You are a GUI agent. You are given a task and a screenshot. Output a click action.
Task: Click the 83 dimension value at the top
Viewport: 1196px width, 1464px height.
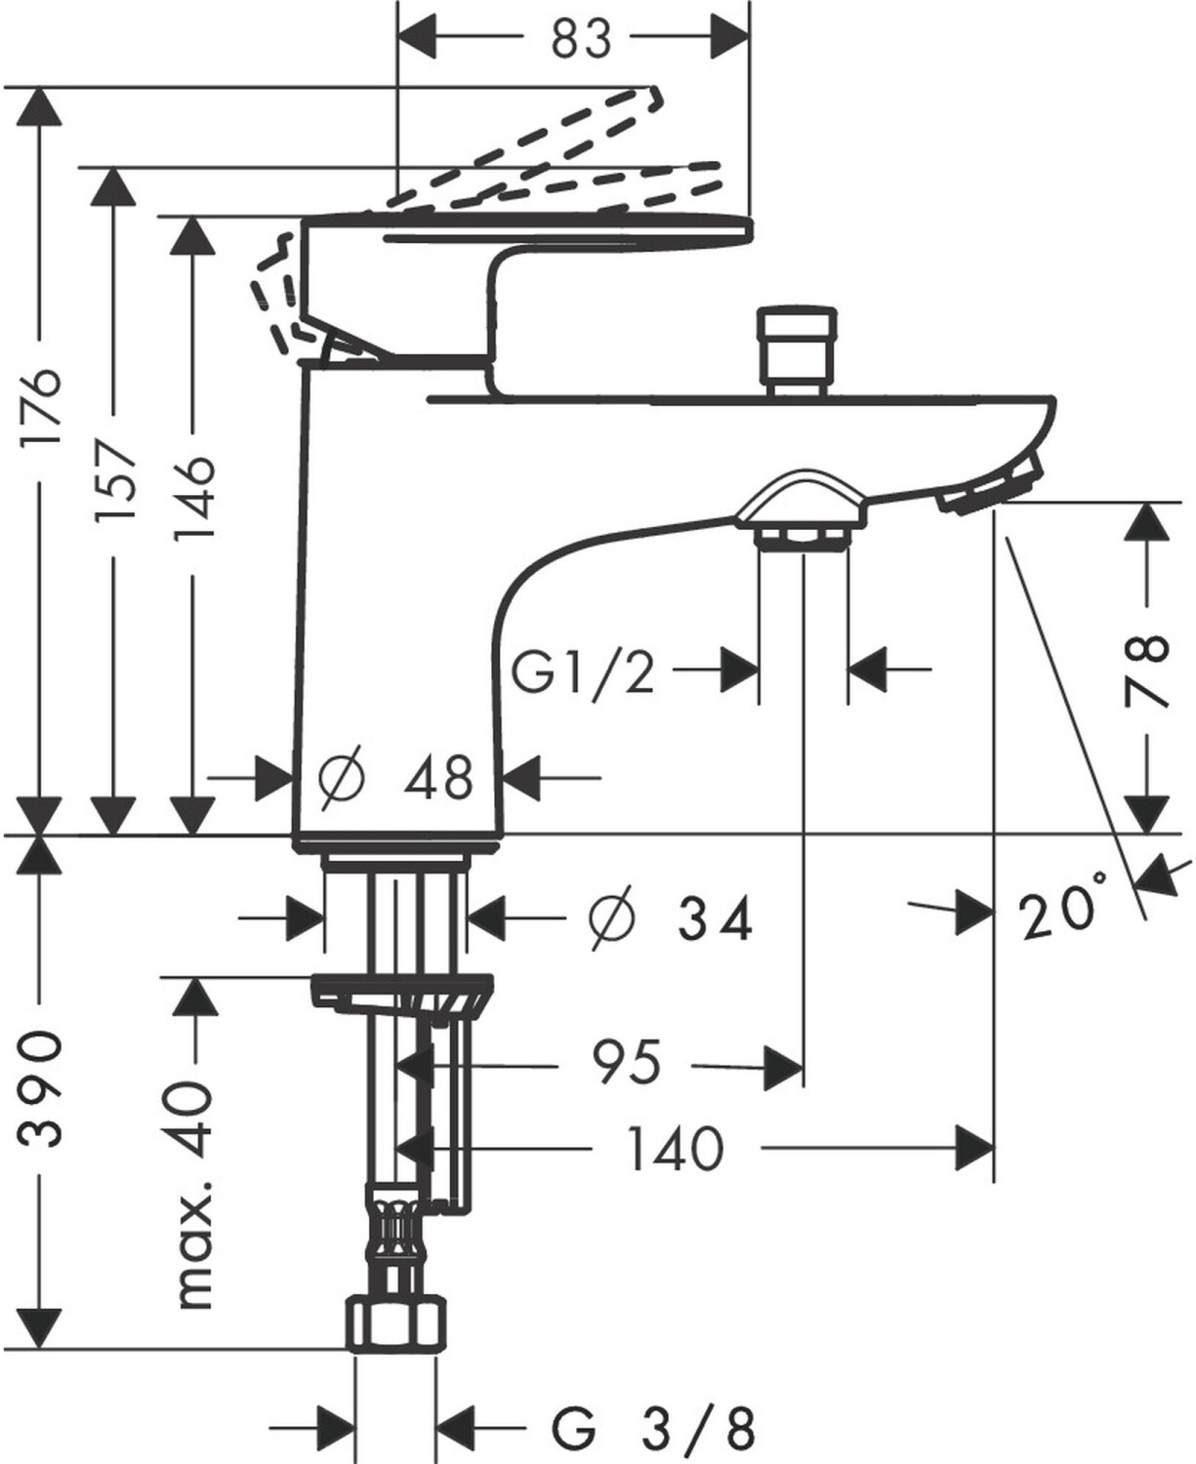tap(580, 39)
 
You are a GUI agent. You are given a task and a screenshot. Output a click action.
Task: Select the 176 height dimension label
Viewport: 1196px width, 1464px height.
tap(44, 406)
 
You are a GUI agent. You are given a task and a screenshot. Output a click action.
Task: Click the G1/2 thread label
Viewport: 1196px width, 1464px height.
tap(584, 671)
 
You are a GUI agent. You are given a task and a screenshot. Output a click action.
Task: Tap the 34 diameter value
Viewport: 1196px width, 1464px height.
tap(715, 919)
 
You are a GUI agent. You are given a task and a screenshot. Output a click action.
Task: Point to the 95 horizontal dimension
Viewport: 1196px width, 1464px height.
tap(626, 1063)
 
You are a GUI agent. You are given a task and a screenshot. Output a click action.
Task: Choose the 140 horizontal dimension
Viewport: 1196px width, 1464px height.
tap(675, 1148)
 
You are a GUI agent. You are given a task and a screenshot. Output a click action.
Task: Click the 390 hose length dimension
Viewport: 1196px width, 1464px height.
tap(44, 1085)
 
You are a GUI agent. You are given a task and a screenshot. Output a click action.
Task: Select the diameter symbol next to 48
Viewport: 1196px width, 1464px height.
tap(343, 778)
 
